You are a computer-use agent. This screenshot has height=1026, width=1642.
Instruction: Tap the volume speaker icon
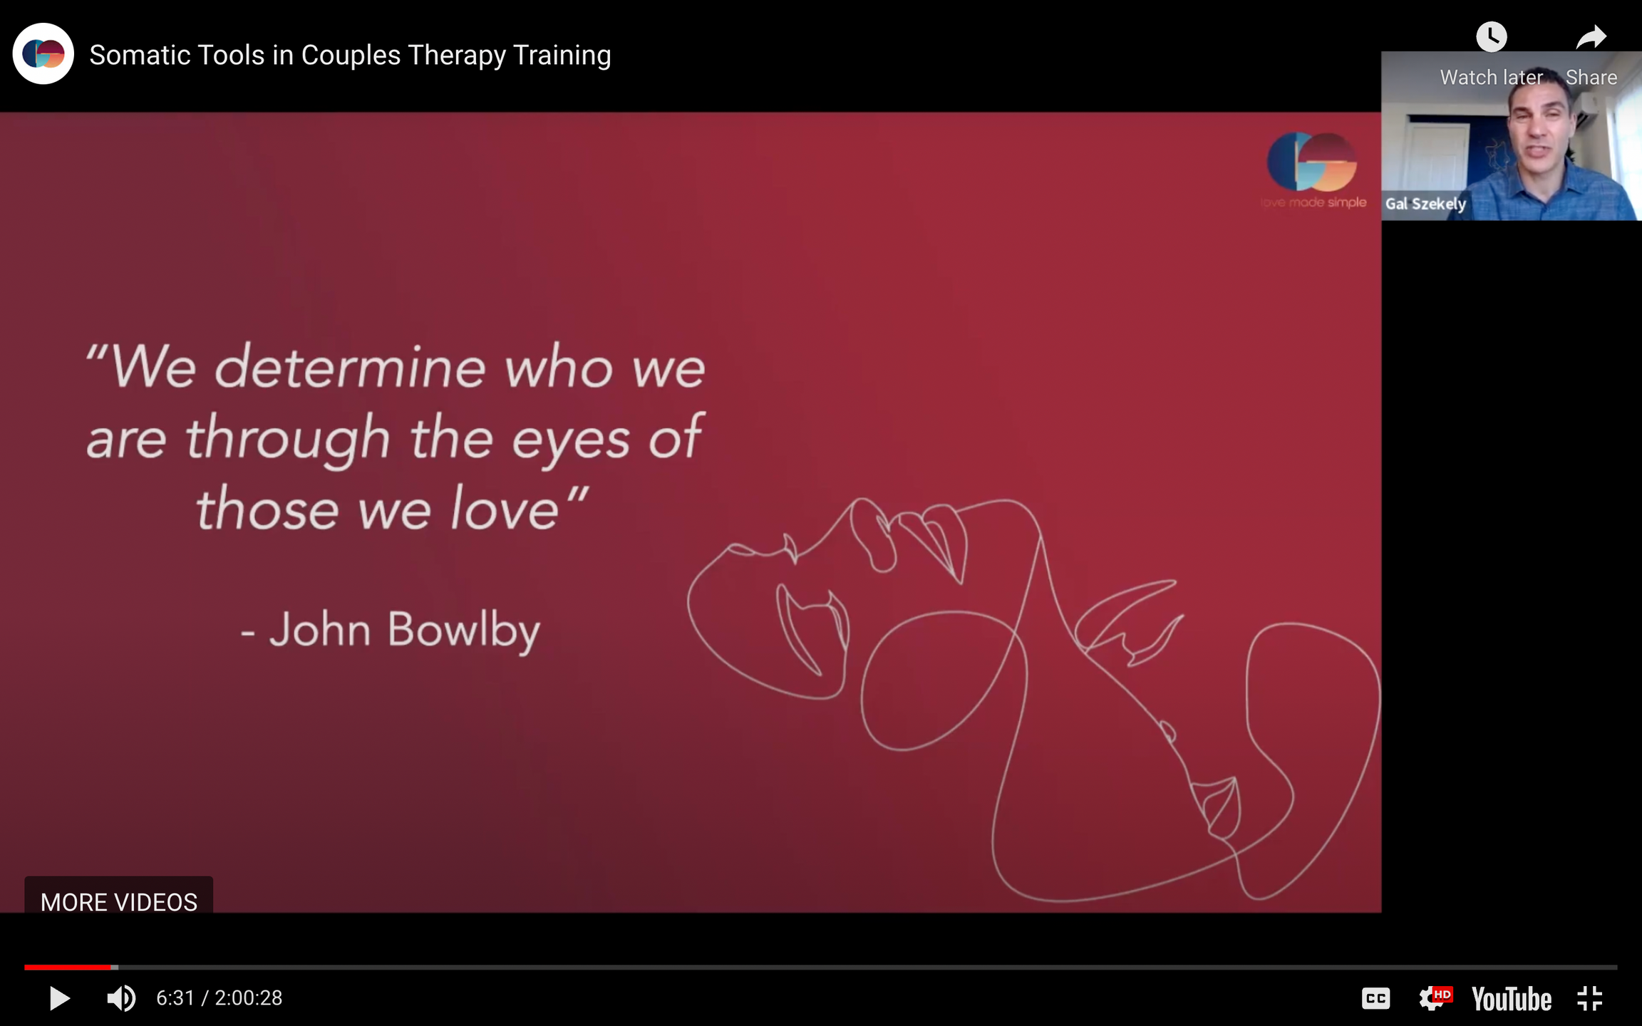click(121, 998)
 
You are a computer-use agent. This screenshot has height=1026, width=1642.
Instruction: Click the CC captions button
click(1375, 998)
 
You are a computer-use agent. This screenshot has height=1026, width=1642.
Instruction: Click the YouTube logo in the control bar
click(1512, 999)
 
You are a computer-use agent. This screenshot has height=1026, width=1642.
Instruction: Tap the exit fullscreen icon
click(1590, 998)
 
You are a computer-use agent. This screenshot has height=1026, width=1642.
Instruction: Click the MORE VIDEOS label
click(119, 902)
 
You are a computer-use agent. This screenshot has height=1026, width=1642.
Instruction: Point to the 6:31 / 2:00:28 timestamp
click(220, 998)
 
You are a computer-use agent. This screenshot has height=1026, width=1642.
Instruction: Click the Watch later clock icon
click(1491, 36)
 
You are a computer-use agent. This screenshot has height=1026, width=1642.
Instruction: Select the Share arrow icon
click(1591, 36)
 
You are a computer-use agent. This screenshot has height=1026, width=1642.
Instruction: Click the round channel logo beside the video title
click(43, 54)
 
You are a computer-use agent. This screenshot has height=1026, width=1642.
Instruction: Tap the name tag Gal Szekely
click(1425, 204)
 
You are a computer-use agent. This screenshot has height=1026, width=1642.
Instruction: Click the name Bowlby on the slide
click(464, 631)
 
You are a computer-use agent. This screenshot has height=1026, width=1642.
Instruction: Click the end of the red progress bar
click(111, 968)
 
